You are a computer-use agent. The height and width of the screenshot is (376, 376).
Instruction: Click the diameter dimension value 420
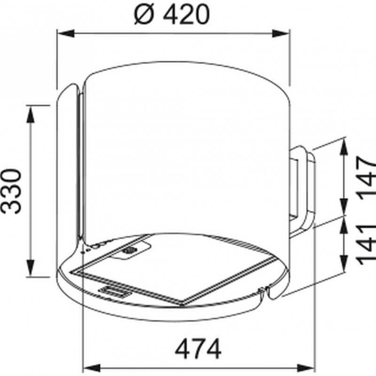186,15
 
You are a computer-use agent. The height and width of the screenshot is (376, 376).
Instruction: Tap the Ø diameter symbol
144,15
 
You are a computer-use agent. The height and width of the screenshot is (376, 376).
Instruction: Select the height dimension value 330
11,191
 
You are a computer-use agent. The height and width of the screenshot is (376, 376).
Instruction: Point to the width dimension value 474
198,348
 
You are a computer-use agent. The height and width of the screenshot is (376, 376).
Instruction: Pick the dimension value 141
366,244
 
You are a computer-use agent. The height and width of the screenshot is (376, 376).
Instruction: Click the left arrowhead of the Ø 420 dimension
66,33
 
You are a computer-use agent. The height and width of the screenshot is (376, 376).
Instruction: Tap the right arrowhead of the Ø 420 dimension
281,33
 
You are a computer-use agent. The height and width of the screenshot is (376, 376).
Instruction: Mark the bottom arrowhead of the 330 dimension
30,268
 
